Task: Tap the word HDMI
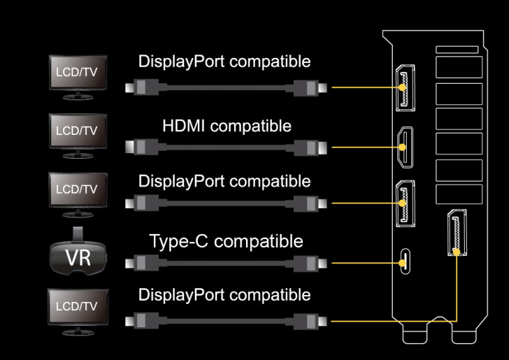click(x=185, y=127)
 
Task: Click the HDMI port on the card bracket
click(x=404, y=147)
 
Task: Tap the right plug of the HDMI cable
click(x=308, y=147)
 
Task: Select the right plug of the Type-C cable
click(x=308, y=264)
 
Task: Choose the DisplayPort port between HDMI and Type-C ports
click(x=404, y=203)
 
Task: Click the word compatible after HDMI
click(x=251, y=127)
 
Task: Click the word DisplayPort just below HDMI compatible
click(x=182, y=181)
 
